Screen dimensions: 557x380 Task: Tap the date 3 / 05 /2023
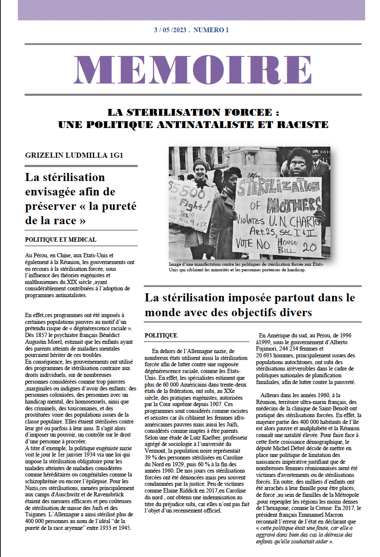coord(172,30)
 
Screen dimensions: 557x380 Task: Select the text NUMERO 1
coord(211,30)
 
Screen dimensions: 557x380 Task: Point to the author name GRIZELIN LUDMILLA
coord(61,155)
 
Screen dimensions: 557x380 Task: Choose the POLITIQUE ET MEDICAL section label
coord(60,240)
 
